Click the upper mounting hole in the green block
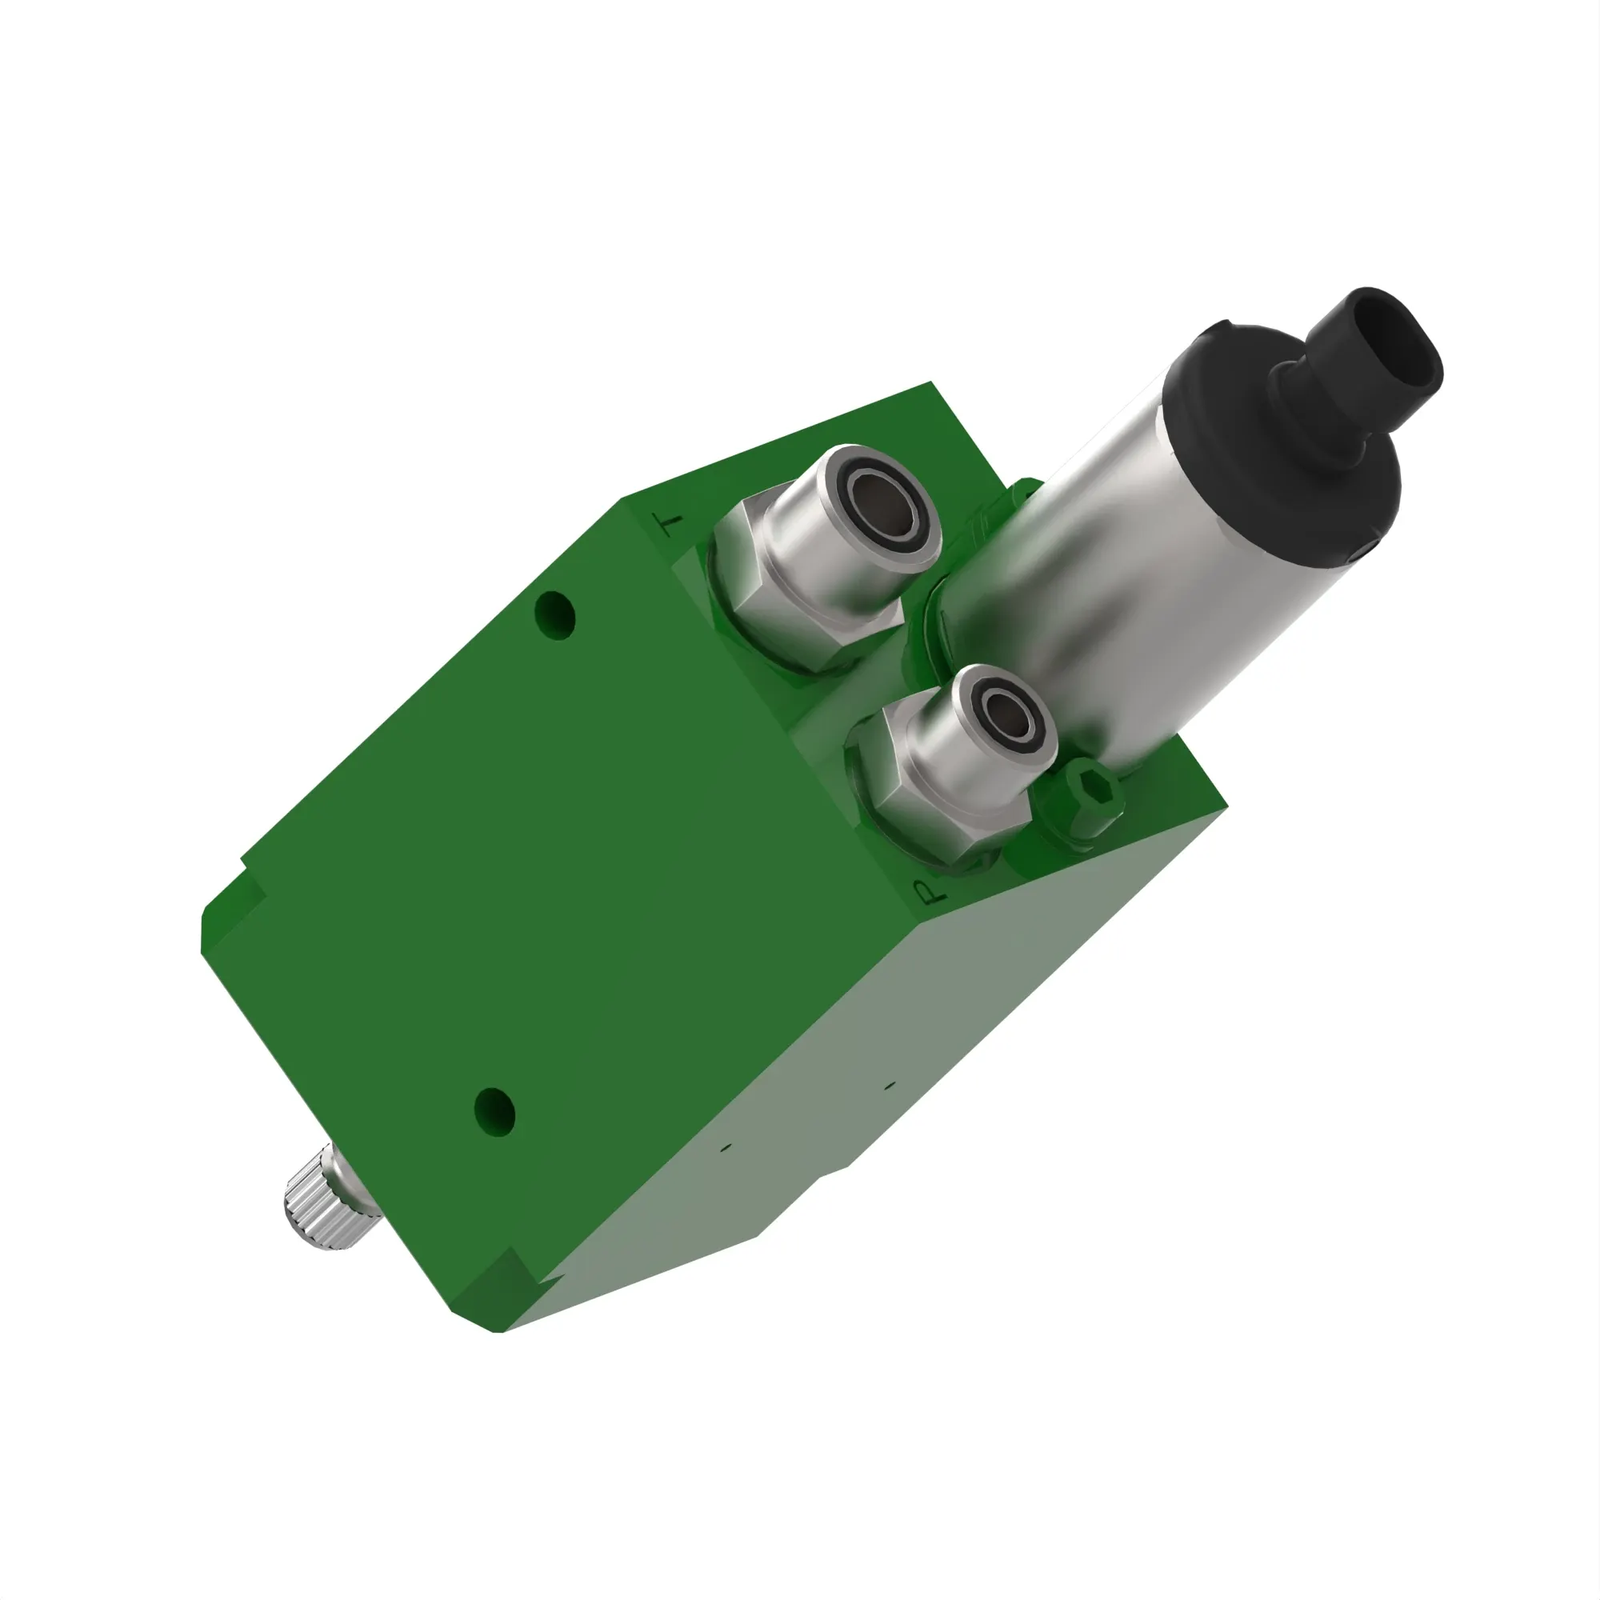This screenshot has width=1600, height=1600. coord(554,614)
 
